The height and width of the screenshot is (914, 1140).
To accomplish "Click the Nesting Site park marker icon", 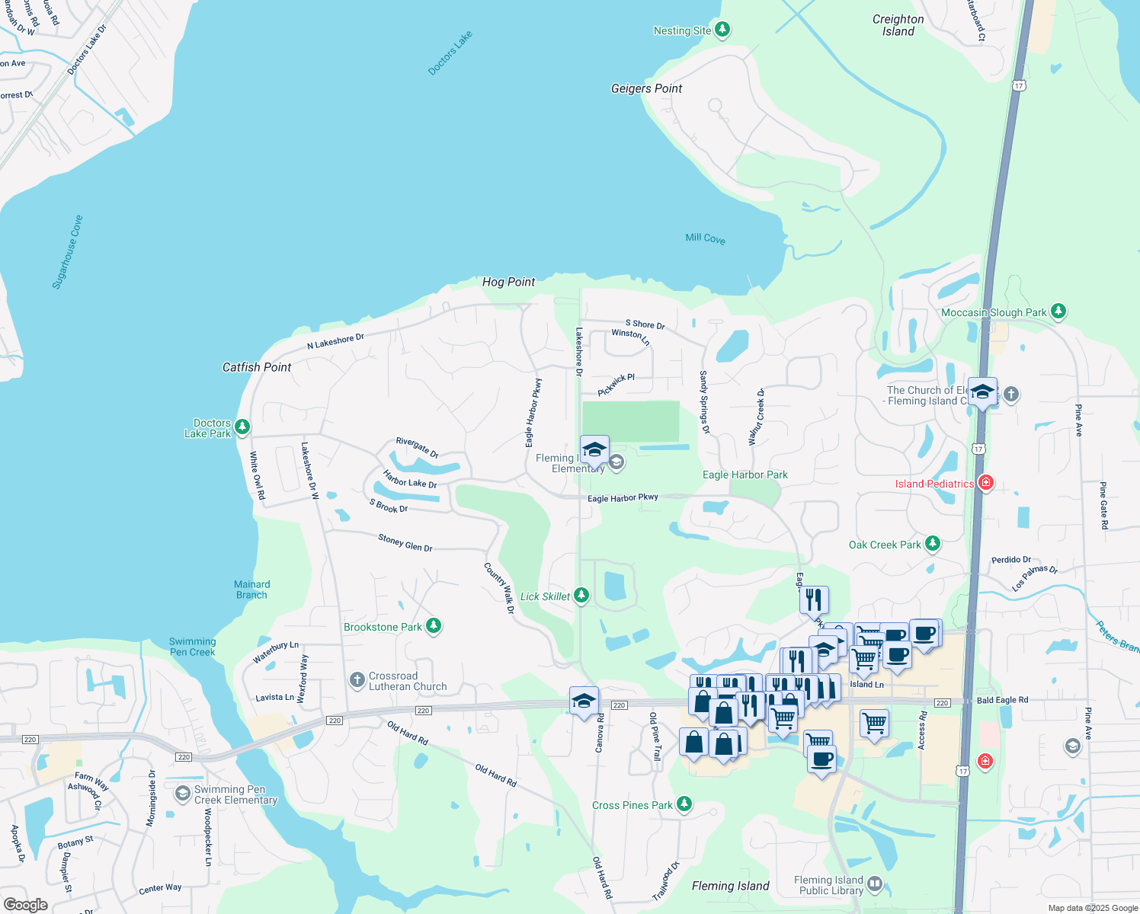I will point(722,30).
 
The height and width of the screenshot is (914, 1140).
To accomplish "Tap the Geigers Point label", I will point(646,88).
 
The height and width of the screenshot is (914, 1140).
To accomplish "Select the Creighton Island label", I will point(898,25).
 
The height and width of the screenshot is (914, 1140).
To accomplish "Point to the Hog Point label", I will point(508,282).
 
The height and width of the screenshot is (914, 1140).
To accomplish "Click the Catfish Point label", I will point(257,367).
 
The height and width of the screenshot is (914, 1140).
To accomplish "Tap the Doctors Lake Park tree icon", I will point(242,427).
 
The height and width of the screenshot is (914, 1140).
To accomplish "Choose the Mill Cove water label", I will point(705,238).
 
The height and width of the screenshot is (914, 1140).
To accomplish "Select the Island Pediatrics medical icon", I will point(985,483).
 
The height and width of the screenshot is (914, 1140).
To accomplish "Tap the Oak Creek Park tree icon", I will point(932,544).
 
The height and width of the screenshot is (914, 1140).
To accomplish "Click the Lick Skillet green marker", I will point(581,595).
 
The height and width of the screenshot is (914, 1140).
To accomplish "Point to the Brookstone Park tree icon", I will point(434,626).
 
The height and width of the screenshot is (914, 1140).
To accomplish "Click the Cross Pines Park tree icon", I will point(684,804).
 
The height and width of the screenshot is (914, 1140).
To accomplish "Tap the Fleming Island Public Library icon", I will point(875,884).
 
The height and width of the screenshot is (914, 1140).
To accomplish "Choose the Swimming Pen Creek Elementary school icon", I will point(182,794).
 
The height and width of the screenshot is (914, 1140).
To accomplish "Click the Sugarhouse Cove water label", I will point(67,252).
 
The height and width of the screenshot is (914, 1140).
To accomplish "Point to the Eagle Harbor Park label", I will point(745,475).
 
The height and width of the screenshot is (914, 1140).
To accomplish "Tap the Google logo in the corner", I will point(26,904).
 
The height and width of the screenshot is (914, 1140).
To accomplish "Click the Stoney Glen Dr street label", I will point(405,542).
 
